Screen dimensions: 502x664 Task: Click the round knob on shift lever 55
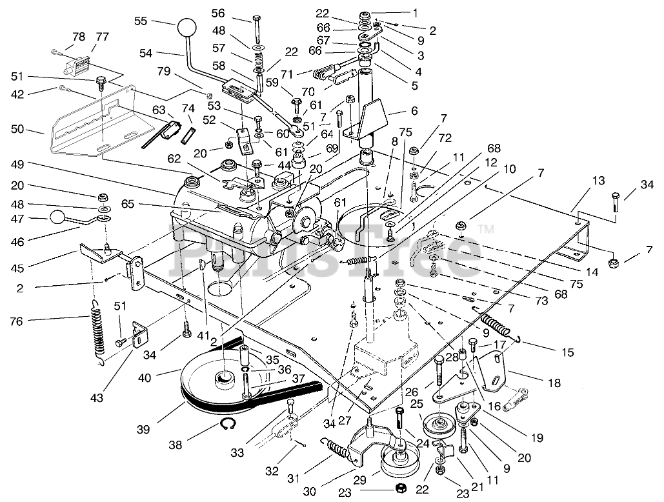(x=186, y=29)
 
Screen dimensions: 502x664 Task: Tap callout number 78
(x=78, y=37)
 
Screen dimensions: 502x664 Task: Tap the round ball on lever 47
(x=57, y=217)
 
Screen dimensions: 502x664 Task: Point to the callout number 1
(x=416, y=12)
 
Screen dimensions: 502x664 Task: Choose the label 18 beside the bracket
(x=554, y=383)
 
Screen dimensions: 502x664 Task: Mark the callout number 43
(x=97, y=398)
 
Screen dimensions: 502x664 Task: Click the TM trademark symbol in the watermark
(x=487, y=228)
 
